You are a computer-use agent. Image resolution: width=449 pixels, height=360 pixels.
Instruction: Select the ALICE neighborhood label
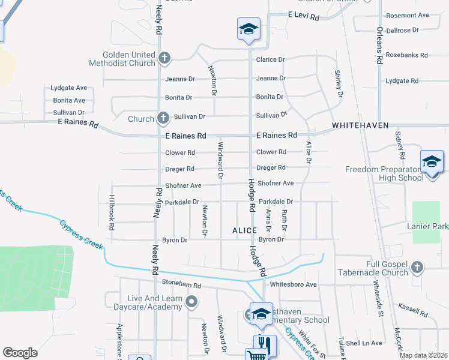(245, 230)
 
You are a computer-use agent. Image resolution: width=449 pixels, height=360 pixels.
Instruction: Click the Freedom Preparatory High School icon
(432, 162)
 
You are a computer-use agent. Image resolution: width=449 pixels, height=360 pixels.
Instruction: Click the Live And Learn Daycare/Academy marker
(191, 302)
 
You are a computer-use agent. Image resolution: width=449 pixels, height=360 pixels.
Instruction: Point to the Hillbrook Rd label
(112, 213)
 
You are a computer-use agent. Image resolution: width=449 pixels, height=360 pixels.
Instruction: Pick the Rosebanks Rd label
(407, 55)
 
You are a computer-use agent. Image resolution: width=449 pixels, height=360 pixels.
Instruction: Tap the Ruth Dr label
(285, 220)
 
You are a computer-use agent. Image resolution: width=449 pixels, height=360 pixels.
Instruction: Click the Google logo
(20, 353)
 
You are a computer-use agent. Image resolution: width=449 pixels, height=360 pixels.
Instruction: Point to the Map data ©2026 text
(423, 355)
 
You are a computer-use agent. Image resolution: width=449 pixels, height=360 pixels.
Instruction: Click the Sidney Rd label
(400, 147)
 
